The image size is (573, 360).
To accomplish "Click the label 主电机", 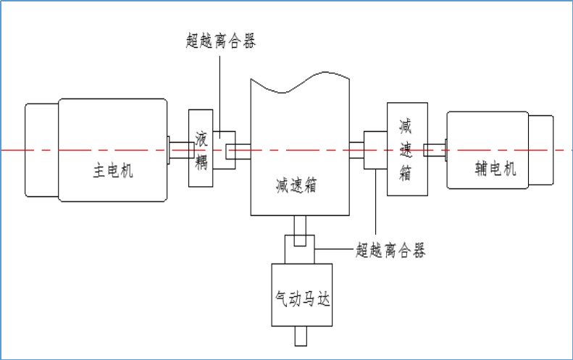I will (x=113, y=171).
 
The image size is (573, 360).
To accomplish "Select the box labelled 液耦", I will (x=201, y=149).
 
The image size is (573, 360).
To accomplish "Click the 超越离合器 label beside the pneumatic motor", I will (x=390, y=251).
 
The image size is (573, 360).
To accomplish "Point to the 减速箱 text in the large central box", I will (x=297, y=184).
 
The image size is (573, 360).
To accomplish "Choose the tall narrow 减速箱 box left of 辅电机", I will (x=406, y=149).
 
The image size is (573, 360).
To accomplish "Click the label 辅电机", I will (x=495, y=169).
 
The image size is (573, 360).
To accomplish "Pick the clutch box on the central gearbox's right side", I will (x=375, y=151).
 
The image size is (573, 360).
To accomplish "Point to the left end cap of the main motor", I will (x=41, y=150).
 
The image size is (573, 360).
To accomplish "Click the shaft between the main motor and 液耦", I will (x=179, y=150).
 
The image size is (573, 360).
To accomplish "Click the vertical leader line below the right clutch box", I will (x=375, y=210).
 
